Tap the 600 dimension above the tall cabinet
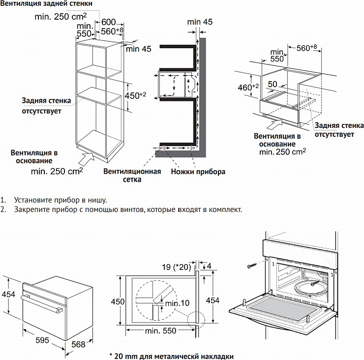109,22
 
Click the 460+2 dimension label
248,87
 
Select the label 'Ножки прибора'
198,172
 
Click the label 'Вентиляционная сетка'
132,176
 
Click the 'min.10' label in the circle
178,303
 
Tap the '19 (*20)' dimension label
175,268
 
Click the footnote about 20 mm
171,356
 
